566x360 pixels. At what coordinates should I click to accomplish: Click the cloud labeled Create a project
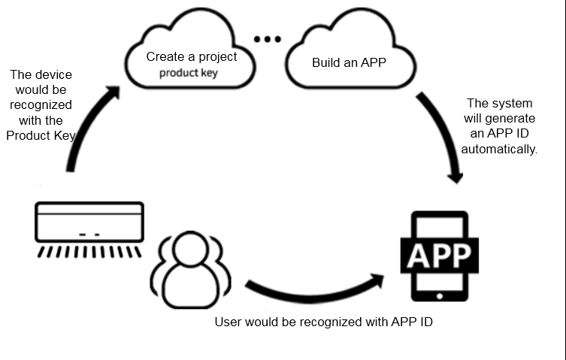point(191,60)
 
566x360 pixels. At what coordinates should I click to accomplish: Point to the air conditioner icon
point(89,222)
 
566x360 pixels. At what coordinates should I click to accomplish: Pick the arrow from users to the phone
point(316,289)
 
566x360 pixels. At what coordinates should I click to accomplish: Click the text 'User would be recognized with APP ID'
point(324,322)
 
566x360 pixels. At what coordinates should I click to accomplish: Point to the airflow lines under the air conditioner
point(89,249)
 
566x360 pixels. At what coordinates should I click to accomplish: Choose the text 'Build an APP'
point(349,62)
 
